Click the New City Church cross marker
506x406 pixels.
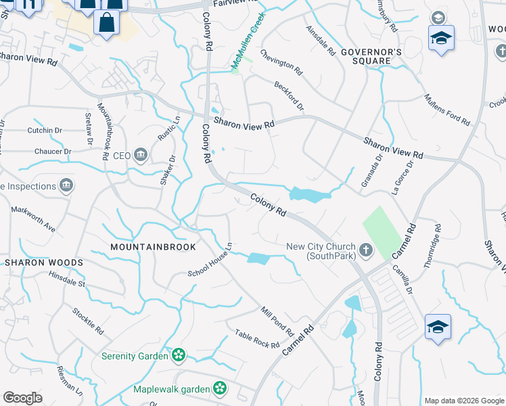[366, 251]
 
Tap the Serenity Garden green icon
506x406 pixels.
[179, 355]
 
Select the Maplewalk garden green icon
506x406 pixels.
[219, 388]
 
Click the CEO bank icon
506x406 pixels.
[141, 156]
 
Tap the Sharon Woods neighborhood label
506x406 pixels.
[44, 262]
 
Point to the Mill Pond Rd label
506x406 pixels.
[277, 321]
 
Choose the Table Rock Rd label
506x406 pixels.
[257, 339]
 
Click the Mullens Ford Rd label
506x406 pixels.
[447, 110]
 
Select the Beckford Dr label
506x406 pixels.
[289, 97]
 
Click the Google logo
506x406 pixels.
[22, 398]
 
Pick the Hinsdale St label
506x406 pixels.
[67, 279]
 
